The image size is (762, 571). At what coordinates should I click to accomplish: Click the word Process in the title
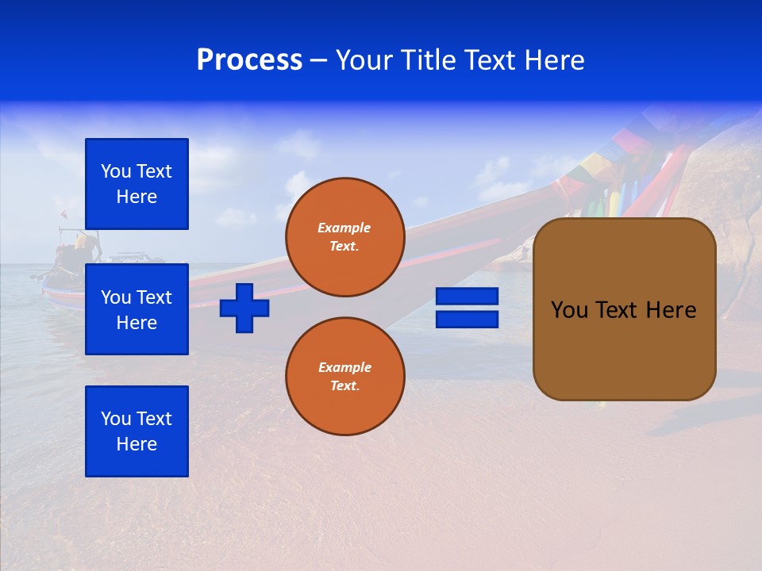[249, 60]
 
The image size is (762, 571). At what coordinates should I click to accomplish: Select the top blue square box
[137, 184]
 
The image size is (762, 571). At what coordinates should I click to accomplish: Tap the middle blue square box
[137, 309]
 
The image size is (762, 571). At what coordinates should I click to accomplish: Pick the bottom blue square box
[137, 431]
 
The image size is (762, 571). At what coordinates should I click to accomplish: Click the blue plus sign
[244, 308]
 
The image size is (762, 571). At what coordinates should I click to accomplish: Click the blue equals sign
[467, 308]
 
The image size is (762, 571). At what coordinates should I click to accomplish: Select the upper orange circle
[345, 237]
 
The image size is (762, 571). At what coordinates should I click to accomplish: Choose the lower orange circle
[345, 377]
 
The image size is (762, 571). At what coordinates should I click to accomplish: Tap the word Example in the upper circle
[344, 228]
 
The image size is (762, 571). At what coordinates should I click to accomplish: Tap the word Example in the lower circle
[344, 367]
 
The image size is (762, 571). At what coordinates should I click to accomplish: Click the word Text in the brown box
[619, 310]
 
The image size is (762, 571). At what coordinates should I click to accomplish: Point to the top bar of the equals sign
[467, 297]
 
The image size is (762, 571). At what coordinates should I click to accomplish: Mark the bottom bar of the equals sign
[467, 319]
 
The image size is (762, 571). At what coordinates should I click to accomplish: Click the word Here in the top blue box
[137, 197]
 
